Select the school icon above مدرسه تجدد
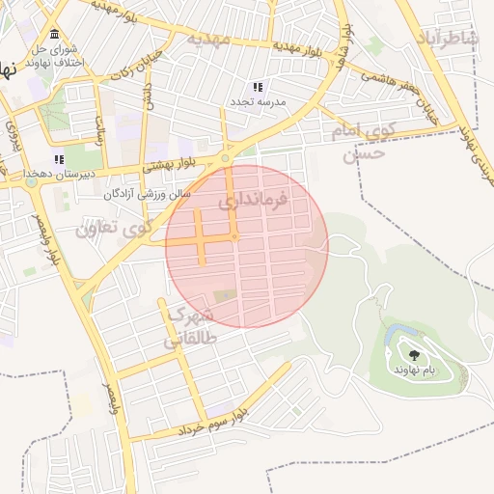tap(258, 87)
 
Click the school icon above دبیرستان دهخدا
tap(58, 159)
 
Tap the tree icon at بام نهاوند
tap(414, 356)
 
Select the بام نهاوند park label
tap(415, 370)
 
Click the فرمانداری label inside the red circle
tap(254, 203)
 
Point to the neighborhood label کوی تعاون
tap(114, 230)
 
